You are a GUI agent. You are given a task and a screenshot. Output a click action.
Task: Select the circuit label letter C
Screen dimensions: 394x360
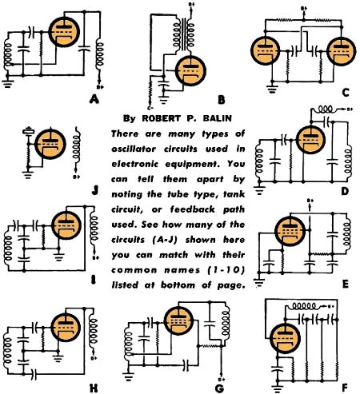(x=345, y=93)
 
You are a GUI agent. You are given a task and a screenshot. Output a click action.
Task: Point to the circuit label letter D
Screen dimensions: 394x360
(x=345, y=193)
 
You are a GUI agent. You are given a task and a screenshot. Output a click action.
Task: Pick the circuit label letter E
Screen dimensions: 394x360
(x=345, y=284)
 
